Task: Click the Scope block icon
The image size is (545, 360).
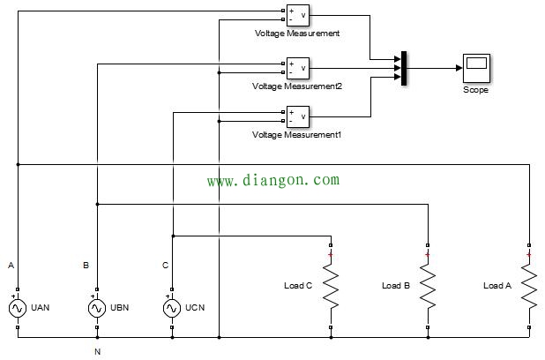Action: (x=474, y=67)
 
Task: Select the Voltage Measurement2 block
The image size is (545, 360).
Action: (x=296, y=67)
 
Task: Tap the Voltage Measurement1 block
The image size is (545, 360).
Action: (x=296, y=116)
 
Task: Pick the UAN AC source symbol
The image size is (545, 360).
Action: (x=17, y=308)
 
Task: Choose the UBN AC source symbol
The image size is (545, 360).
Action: (x=97, y=308)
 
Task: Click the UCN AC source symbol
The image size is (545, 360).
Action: (x=173, y=308)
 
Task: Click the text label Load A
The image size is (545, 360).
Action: (x=497, y=286)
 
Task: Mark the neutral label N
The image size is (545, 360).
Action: (x=97, y=351)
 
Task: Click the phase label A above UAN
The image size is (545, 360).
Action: (x=11, y=266)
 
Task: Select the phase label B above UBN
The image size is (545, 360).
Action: (x=86, y=266)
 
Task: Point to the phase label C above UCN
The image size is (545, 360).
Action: (x=165, y=266)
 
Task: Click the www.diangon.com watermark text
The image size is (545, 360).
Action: (x=272, y=180)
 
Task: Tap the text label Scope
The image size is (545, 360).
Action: (x=474, y=90)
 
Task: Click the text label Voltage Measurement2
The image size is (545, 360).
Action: (x=296, y=86)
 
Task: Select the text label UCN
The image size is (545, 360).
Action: (x=197, y=309)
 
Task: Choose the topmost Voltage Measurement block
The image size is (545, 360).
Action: (x=296, y=14)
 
